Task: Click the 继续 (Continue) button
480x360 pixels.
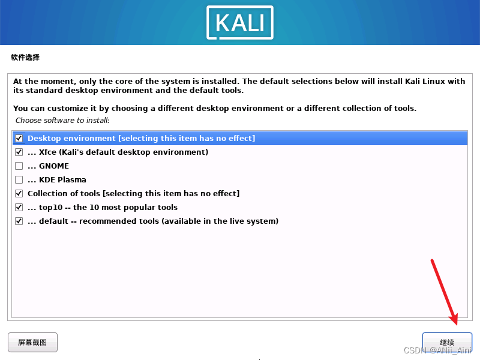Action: [447, 342]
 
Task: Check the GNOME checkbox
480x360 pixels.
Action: [19, 166]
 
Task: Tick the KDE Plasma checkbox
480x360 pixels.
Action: [19, 180]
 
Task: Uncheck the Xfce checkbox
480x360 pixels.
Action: [19, 152]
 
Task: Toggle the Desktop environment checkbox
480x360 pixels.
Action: [19, 139]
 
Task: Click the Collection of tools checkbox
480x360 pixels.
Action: [19, 194]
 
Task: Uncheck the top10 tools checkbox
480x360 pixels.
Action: [19, 208]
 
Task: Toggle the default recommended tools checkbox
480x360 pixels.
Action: [19, 221]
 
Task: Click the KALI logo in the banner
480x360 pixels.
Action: [240, 22]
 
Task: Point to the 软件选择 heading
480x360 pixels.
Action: [25, 58]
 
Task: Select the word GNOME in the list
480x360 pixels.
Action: [54, 166]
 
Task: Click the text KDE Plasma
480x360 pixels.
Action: [62, 180]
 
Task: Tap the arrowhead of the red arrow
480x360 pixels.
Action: [454, 320]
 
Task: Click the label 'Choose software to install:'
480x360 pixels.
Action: [62, 121]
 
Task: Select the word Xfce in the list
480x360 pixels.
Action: [47, 152]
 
